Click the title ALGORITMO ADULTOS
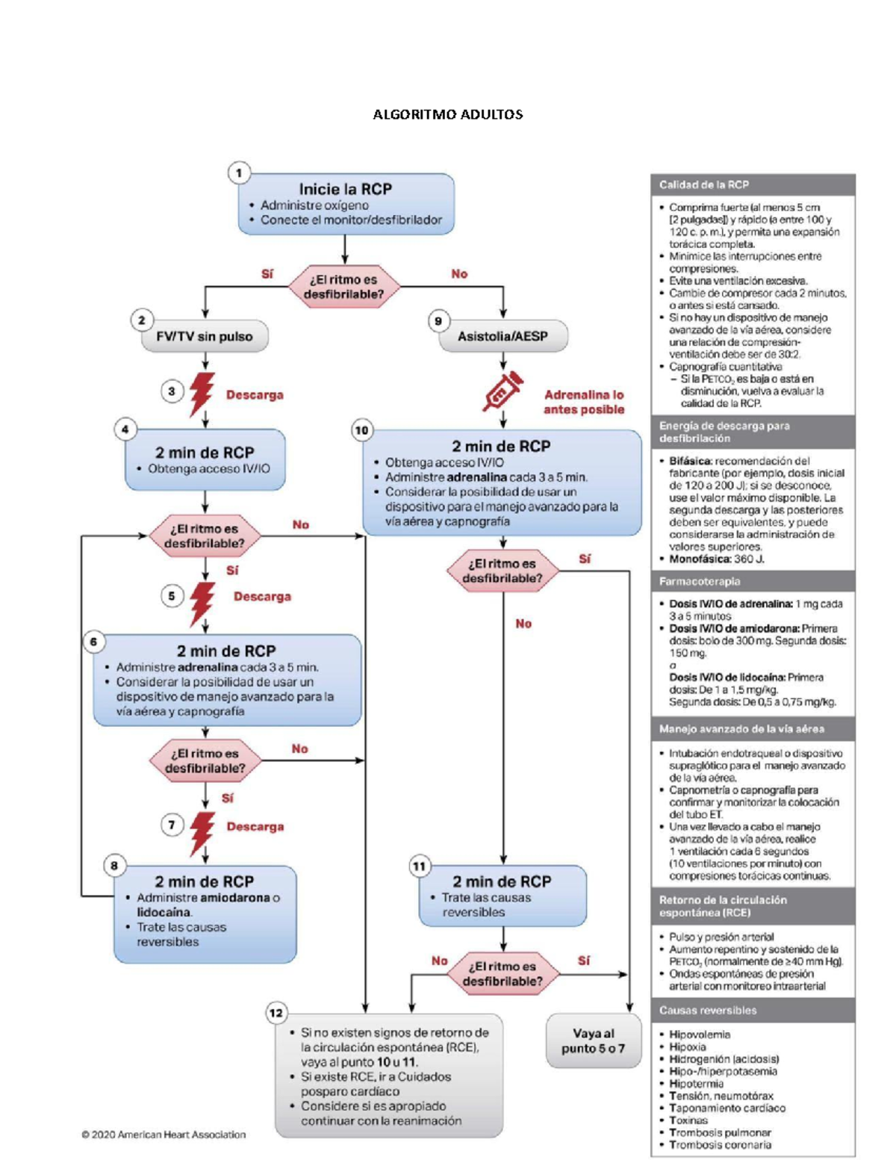448,114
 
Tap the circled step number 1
239,173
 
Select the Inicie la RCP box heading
345,189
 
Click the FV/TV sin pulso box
205,336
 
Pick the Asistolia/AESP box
503,336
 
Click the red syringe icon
503,391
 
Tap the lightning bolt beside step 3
202,394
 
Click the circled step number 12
276,1013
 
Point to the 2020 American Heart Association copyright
164,1135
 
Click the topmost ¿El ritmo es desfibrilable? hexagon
344,287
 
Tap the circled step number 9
438,321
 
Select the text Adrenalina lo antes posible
584,402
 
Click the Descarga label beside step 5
262,596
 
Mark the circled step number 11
420,866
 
